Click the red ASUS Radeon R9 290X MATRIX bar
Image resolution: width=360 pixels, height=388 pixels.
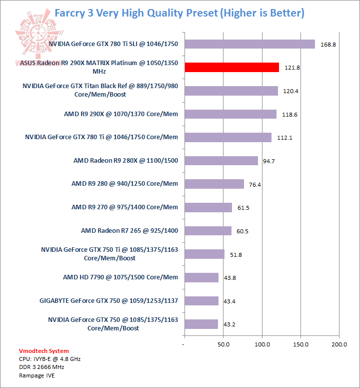tap(231, 67)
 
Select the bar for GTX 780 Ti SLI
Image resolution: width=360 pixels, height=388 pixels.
tap(249, 44)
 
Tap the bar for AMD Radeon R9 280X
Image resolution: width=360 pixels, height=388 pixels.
tap(221, 161)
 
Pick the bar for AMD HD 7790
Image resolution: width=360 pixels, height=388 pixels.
tap(201, 277)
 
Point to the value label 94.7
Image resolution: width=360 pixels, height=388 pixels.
tap(269, 161)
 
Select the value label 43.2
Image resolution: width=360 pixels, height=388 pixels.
tap(229, 324)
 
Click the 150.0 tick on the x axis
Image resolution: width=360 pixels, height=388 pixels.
tap(300, 344)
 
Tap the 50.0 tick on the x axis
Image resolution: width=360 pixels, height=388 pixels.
tap(223, 344)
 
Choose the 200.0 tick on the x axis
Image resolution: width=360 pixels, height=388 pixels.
tap(339, 344)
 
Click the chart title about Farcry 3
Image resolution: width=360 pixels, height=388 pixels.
tap(179, 13)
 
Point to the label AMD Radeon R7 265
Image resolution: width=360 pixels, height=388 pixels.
tap(129, 231)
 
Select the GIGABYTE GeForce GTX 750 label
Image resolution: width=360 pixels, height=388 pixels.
tap(108, 301)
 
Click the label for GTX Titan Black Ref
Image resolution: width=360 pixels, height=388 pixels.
tap(100, 90)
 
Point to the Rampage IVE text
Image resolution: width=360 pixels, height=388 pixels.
tap(37, 375)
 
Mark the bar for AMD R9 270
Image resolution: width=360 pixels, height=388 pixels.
tap(208, 207)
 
